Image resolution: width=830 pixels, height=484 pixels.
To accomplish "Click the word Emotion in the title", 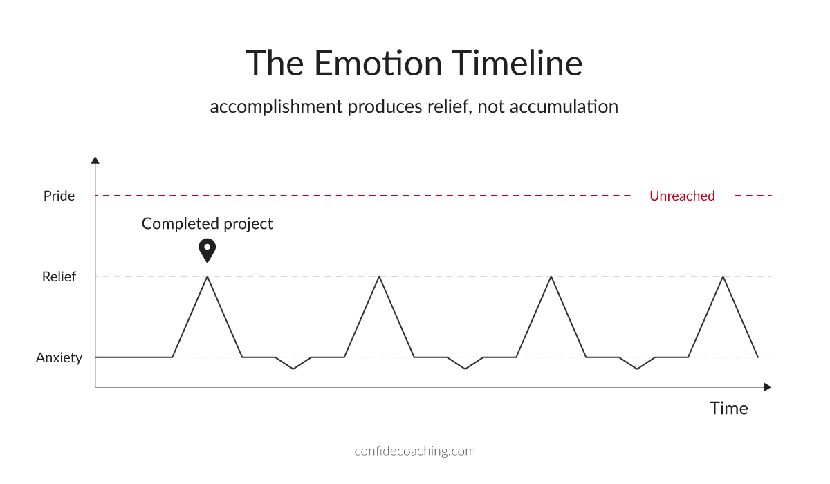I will click(378, 64).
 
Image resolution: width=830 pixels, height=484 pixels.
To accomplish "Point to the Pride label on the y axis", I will click(59, 196).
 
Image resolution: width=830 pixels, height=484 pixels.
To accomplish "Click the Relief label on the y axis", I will click(59, 277).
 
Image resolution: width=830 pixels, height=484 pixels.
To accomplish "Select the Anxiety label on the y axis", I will click(59, 357).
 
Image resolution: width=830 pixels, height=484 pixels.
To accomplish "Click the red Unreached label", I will click(682, 196).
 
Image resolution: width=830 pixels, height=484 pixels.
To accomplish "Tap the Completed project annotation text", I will click(207, 223).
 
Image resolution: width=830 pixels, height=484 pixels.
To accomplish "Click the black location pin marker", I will click(207, 249).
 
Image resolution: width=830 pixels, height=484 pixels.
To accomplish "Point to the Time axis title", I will click(728, 408).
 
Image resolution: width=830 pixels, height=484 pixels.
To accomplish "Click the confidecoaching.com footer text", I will click(414, 451).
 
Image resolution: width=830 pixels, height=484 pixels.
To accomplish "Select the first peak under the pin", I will click(207, 277).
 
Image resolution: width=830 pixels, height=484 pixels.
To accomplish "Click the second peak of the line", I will click(378, 277).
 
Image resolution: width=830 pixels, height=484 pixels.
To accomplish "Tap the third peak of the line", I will click(551, 277).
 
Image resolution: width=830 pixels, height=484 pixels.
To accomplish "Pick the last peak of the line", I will click(723, 277).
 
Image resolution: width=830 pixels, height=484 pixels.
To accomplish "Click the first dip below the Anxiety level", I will click(293, 369).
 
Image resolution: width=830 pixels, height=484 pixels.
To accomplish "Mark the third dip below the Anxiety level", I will click(637, 369).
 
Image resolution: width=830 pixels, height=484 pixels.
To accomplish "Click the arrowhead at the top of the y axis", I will click(95, 160).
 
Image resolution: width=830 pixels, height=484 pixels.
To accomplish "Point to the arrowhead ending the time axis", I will click(767, 387).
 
